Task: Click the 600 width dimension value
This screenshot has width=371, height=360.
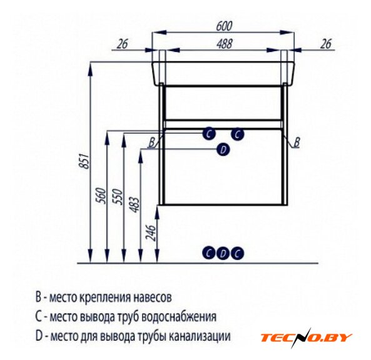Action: (224, 26)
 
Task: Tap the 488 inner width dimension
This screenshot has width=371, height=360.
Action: (224, 44)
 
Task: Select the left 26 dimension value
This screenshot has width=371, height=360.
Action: (122, 44)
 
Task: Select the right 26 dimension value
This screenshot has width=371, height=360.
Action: (325, 44)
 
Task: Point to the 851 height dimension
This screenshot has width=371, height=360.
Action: (84, 161)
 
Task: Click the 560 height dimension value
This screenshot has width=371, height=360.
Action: (100, 196)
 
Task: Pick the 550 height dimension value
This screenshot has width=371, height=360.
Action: (118, 197)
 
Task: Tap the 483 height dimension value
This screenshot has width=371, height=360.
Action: (135, 204)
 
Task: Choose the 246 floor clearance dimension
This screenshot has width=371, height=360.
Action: (151, 233)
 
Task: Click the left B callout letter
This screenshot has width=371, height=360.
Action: (151, 142)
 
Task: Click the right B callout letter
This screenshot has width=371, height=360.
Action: (297, 142)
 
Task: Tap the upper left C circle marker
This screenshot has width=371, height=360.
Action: (209, 134)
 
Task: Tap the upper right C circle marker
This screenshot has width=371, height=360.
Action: (237, 134)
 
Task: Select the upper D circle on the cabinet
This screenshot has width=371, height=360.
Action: (223, 149)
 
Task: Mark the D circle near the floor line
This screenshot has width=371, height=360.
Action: (223, 253)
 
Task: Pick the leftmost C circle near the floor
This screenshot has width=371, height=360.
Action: (209, 253)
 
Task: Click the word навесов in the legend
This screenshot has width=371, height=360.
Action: (153, 298)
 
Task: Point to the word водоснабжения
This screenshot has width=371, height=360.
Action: (179, 317)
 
